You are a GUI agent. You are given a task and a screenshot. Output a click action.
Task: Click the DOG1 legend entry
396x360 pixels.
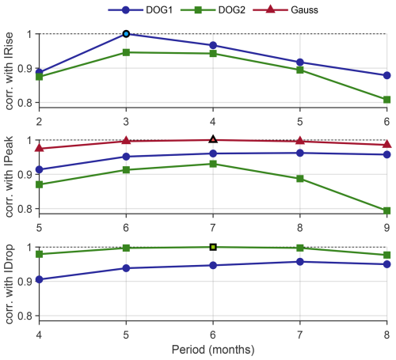140,10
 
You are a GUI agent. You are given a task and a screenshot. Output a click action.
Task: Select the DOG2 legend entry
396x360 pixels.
213,10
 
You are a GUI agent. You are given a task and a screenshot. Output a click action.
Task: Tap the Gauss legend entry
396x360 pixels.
285,10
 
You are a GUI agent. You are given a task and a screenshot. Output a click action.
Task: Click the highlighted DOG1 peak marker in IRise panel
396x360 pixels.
126,34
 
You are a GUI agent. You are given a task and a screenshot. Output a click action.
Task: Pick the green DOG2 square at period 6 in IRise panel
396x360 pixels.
386,100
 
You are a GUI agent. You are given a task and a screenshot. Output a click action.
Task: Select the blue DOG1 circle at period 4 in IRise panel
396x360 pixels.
213,45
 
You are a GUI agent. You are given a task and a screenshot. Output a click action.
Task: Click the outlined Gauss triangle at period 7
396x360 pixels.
213,139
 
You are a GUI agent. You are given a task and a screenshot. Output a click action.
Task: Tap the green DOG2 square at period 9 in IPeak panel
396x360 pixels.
386,210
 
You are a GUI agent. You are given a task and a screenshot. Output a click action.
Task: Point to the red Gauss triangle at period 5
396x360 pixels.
40,148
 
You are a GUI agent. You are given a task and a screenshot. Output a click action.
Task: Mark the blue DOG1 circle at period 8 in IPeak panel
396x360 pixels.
300,153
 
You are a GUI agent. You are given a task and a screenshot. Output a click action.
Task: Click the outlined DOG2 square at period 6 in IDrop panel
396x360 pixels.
213,247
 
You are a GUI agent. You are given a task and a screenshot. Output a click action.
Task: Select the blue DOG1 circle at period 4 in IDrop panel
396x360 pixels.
40,279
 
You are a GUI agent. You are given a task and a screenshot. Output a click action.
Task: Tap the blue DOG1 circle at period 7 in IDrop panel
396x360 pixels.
300,262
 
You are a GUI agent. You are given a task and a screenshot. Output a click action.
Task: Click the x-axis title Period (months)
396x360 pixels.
213,350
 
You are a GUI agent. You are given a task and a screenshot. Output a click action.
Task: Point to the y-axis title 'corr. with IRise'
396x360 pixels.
10,70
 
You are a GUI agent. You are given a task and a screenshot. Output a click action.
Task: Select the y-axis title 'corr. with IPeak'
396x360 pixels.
10,176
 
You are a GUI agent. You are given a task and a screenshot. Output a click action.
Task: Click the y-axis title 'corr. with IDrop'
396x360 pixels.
10,284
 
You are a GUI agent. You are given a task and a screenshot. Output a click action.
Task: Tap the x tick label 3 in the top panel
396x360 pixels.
126,122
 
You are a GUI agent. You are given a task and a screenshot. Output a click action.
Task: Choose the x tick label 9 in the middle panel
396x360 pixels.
386,228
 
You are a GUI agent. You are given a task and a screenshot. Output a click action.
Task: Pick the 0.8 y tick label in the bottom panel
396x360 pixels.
25,316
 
